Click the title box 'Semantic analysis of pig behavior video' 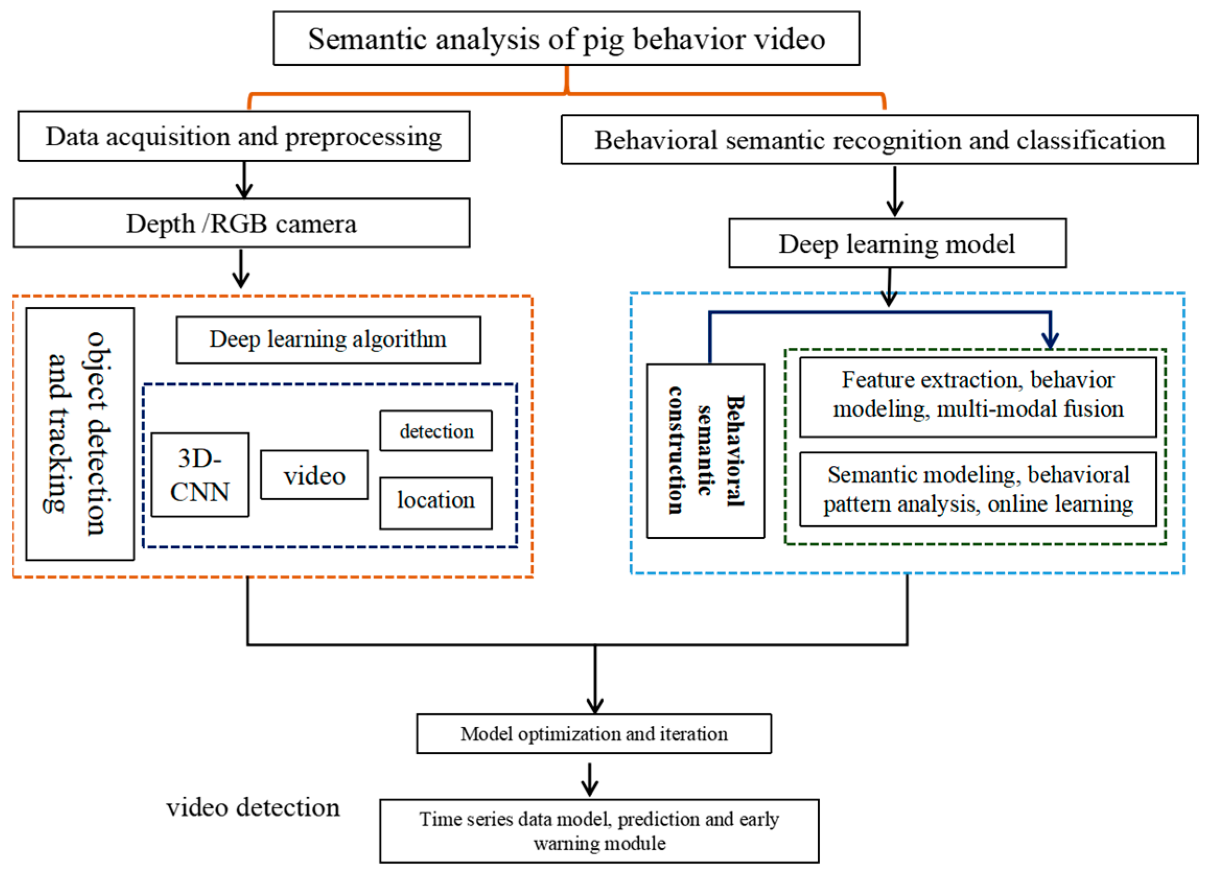coord(566,38)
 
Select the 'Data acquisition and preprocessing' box coord(243,136)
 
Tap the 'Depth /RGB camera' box coord(241,223)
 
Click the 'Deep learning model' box coord(897,243)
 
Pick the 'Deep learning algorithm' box coord(328,339)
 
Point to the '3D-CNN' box coord(200,474)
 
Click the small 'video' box coord(314,475)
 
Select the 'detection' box coord(436,431)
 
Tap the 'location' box coord(436,502)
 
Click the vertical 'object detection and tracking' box coord(80,433)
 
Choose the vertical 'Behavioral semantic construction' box coord(705,451)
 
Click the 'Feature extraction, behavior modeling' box coord(978,396)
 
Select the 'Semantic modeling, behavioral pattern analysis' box coord(978,489)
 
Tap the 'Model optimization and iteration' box coord(594,734)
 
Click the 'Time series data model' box coord(599,830)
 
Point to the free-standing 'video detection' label coord(253,807)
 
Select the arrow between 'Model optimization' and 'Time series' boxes coord(590,781)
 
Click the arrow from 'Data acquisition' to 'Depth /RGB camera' coord(244,180)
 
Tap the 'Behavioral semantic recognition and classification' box coord(879,139)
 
